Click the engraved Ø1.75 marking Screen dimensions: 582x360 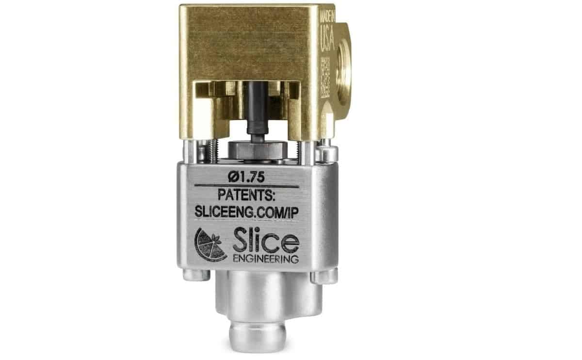[246, 177]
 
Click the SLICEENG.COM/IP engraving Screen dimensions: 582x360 [246, 212]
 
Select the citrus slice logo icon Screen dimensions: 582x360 [211, 245]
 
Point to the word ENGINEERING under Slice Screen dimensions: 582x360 [266, 259]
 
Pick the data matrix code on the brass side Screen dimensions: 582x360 [325, 78]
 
